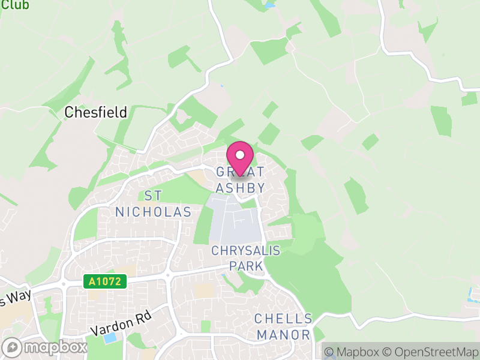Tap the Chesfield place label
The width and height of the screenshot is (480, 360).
coord(96,112)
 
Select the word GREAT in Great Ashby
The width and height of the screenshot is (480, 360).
coord(240,172)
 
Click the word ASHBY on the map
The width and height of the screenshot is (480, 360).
coord(240,188)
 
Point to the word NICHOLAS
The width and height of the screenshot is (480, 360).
coord(153,212)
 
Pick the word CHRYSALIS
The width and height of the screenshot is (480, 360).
coord(245,250)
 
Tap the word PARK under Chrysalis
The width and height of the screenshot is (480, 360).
coord(245,266)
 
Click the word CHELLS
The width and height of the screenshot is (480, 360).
coord(283,319)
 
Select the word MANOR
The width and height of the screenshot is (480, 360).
coord(283,334)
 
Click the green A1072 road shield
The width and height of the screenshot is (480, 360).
coord(105,281)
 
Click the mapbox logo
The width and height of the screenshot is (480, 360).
coord(44,347)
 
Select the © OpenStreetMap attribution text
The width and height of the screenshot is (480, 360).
coord(431,352)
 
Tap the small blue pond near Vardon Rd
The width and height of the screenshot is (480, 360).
coord(110,338)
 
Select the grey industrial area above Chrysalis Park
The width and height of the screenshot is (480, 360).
coord(234,222)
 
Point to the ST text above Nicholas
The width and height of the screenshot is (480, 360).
coord(153,196)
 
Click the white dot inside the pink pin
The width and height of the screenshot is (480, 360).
coord(240,155)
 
